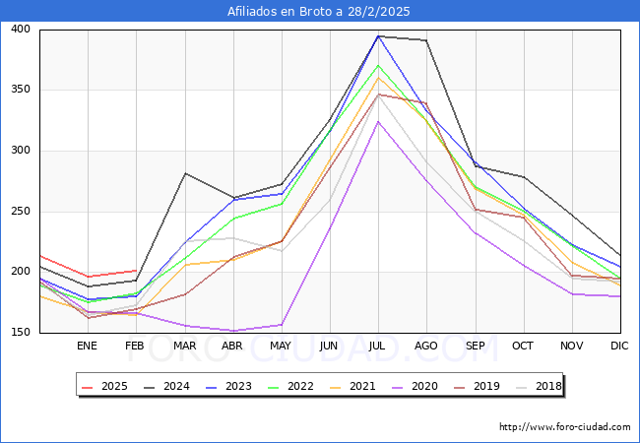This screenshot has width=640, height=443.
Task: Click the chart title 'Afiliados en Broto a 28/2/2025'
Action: tap(319, 12)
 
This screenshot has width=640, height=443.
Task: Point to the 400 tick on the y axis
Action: tap(22, 30)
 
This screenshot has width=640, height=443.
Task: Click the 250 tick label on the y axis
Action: tap(22, 212)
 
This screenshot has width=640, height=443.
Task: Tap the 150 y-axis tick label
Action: tap(22, 333)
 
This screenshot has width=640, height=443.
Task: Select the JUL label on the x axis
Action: tap(378, 347)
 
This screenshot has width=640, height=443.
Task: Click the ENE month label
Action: tap(87, 347)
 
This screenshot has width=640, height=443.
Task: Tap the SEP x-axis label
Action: tap(475, 347)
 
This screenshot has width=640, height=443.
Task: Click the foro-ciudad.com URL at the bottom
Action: tap(564, 427)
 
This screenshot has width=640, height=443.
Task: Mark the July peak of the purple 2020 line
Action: tap(378, 121)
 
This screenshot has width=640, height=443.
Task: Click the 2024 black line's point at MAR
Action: tap(184, 173)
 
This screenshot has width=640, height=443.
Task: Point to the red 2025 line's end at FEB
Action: tap(136, 270)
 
